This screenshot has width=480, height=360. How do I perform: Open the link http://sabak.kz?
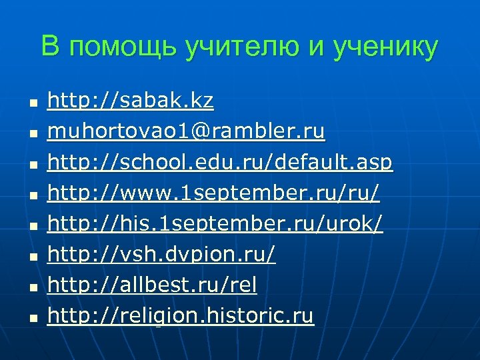[131, 101]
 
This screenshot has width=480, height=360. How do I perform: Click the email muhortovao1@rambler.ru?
[186, 133]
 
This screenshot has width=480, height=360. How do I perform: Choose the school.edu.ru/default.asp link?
[220, 163]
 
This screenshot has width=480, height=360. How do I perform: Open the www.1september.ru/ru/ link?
[214, 193]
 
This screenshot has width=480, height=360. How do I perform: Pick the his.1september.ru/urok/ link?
[215, 225]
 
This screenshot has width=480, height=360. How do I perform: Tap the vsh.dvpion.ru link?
[161, 255]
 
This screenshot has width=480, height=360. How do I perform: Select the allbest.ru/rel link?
[152, 285]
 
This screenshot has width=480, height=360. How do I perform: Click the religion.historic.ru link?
[180, 316]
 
